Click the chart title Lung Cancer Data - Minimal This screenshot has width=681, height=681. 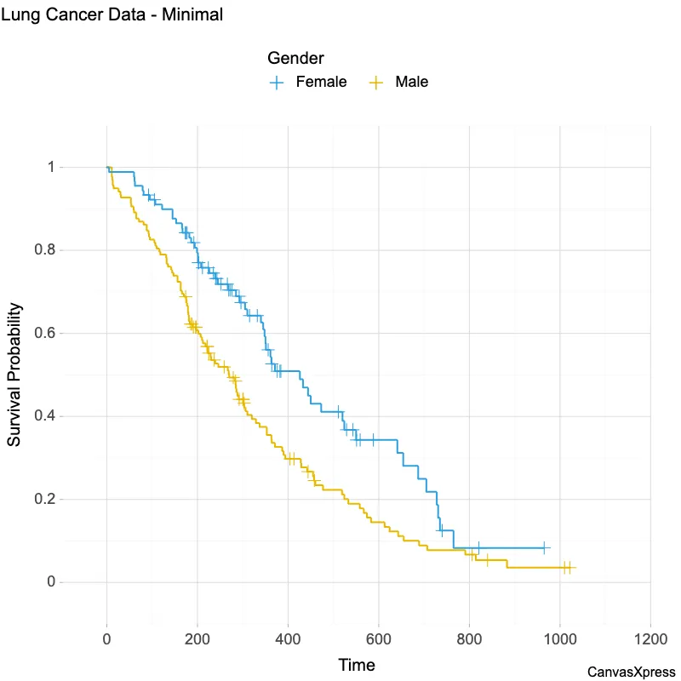[112, 14]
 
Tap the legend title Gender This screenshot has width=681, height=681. [295, 59]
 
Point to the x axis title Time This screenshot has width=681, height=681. [357, 665]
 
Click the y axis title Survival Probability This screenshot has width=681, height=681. [14, 375]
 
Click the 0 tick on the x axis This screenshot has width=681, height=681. [107, 638]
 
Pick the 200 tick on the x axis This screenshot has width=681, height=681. [197, 638]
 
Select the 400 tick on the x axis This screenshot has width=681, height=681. [288, 638]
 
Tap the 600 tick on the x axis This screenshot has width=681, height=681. [379, 638]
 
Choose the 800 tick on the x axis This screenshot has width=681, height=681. [469, 638]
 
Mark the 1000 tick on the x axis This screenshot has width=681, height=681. [559, 638]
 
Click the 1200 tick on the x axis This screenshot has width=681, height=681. [650, 638]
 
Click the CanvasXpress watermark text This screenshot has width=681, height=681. [631, 672]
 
